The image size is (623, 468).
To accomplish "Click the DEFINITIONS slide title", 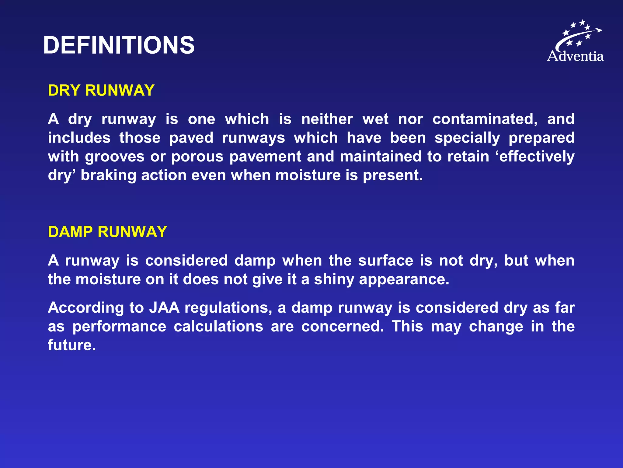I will (x=119, y=45).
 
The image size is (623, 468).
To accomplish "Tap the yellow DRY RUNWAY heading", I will (x=101, y=90).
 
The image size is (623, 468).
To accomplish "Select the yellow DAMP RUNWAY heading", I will (x=107, y=232).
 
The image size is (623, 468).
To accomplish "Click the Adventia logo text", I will (x=575, y=56).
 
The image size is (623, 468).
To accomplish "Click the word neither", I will (x=327, y=119).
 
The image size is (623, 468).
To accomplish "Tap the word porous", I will (x=197, y=157).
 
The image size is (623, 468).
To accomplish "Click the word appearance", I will (x=404, y=279).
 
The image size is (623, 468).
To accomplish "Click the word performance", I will (x=119, y=327).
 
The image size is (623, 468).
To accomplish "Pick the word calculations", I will (x=218, y=327).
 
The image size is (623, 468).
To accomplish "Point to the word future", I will (x=72, y=345).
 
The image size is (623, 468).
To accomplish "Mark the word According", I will (x=86, y=308).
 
